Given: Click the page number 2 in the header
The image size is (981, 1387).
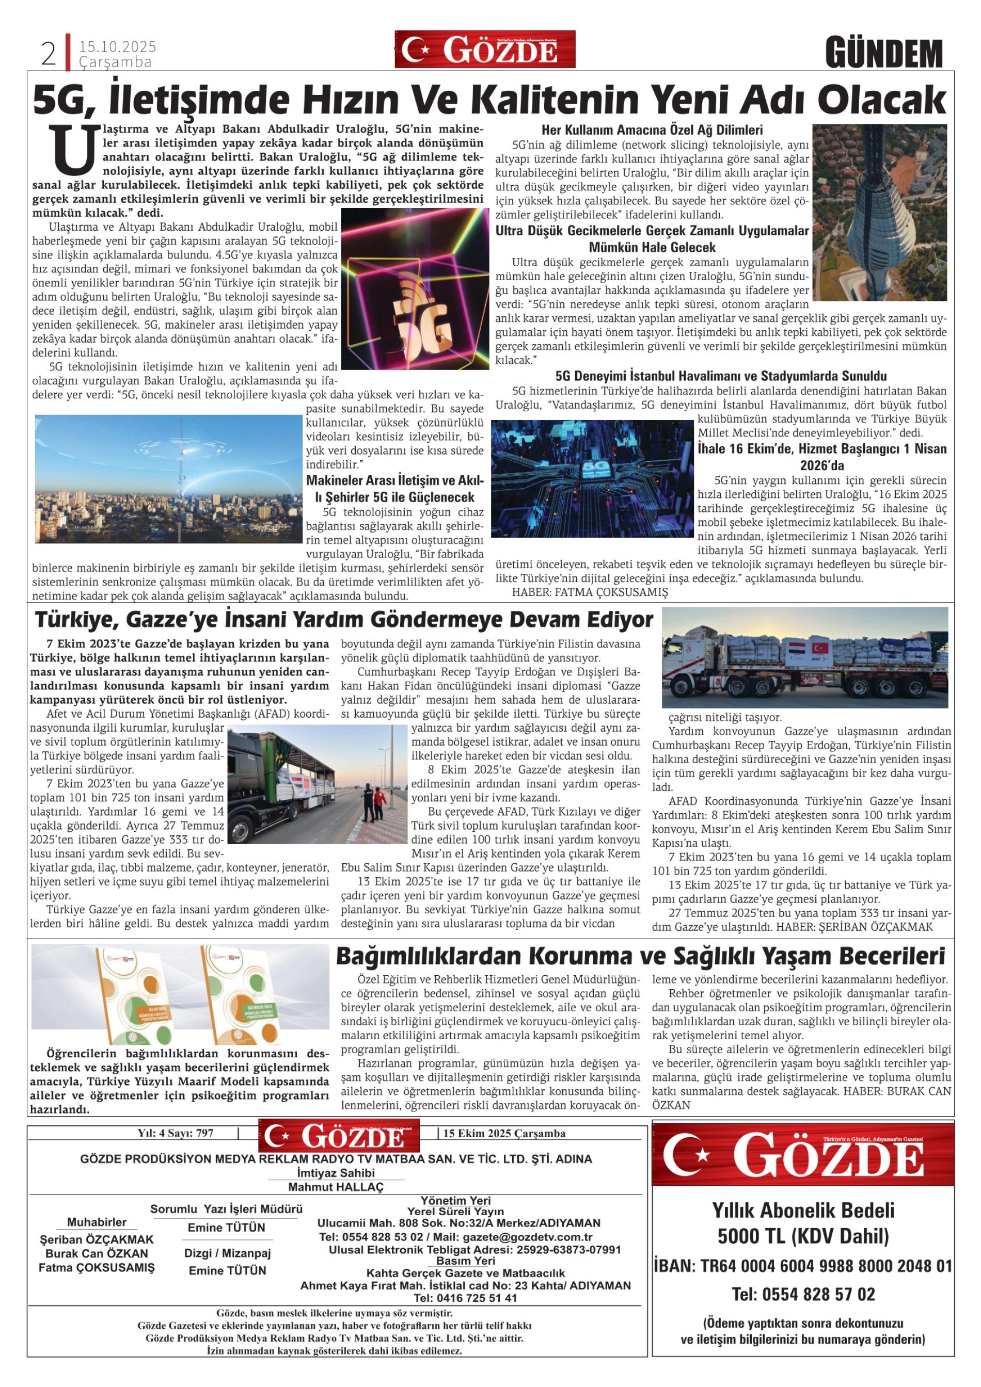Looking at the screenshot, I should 49,54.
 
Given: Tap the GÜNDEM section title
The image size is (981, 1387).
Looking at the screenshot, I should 884,53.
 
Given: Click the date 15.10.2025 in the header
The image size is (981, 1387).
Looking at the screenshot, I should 117,46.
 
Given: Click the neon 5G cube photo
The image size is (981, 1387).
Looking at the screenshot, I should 415,289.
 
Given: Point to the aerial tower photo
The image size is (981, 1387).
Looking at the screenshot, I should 879,212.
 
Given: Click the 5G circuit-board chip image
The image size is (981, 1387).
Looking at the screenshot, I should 592,478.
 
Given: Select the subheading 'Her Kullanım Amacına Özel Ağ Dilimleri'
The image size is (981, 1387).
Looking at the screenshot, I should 652,130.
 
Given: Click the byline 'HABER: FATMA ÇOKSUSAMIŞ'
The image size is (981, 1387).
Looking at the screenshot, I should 590,592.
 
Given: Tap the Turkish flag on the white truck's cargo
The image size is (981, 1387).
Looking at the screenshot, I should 820,648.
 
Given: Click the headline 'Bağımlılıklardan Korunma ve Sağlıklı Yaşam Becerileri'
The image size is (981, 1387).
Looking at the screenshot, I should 640,957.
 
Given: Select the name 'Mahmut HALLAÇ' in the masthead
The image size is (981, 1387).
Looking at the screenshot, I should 336,1187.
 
